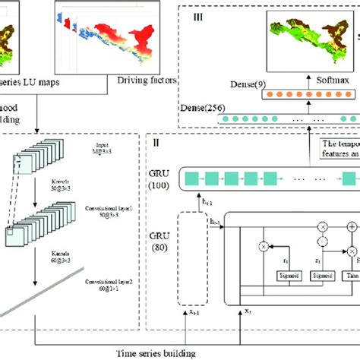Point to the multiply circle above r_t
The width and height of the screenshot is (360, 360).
pyautogui.click(x=264, y=246)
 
